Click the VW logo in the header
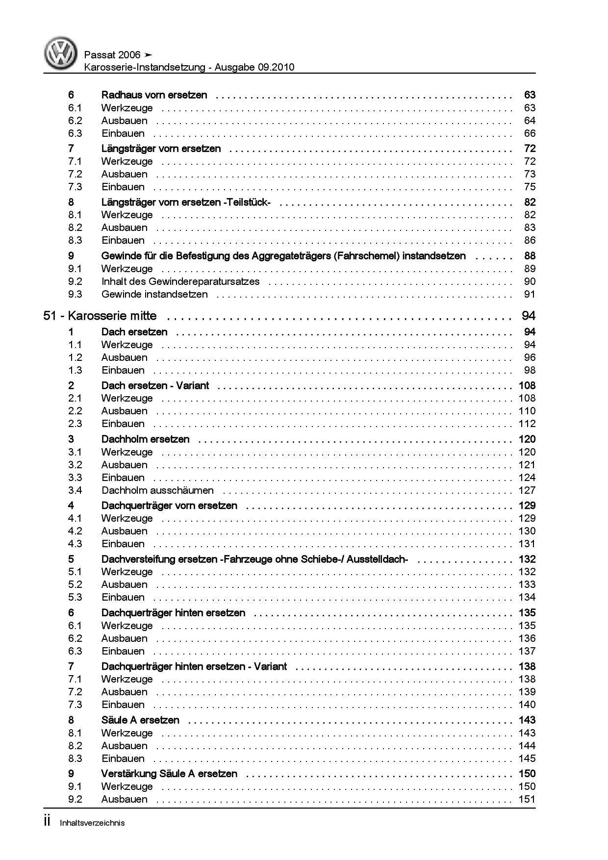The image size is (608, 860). click(x=61, y=53)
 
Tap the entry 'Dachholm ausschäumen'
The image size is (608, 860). click(x=157, y=490)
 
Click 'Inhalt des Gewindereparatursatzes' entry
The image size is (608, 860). click(x=180, y=281)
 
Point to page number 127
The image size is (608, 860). click(x=527, y=490)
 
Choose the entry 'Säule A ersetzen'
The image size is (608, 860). click(x=140, y=720)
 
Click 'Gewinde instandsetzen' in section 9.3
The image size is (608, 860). click(x=154, y=294)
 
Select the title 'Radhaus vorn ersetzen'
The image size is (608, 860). click(x=154, y=95)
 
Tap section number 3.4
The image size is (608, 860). click(x=75, y=490)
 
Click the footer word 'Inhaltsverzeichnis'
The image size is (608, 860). click(x=92, y=823)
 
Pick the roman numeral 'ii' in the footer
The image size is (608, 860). click(x=48, y=822)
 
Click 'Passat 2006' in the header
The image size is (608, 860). click(x=112, y=55)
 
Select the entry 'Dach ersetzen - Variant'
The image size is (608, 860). click(x=155, y=385)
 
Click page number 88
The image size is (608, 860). click(x=530, y=255)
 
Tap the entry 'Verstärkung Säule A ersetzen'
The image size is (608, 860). click(x=169, y=773)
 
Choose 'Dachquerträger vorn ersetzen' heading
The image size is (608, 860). click(x=169, y=506)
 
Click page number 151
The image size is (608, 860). click(x=527, y=799)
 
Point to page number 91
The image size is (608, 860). click(x=530, y=294)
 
